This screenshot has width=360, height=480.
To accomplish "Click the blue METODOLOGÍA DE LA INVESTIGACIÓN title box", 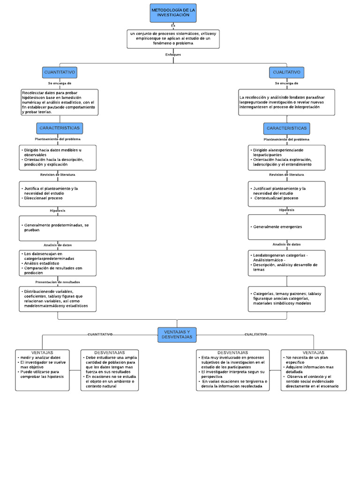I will pos(173,13).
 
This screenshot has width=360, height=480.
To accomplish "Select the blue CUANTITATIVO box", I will pos(60,73).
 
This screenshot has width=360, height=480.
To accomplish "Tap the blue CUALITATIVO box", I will pos(287,73).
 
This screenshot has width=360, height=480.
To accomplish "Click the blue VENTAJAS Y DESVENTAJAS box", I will pos(177,335).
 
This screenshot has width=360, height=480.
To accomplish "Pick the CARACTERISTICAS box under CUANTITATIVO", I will pos(60,128).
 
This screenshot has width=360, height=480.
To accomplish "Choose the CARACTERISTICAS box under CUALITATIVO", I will pos(286,128).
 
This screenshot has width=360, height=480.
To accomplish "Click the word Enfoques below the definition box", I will pos(173,54).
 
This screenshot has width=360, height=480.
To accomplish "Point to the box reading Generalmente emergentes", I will pos(286,227).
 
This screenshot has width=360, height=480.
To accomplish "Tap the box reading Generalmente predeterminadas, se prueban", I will pos(58,227).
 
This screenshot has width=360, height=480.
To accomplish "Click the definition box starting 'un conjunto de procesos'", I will pos(173,38).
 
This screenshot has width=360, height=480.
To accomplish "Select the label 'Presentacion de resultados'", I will pos(58,282).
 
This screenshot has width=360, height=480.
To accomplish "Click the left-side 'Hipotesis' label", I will pos(58,210).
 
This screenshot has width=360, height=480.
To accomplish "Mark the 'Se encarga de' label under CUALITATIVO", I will pos(286,83).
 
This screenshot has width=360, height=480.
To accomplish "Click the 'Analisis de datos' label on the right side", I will pos(286,244).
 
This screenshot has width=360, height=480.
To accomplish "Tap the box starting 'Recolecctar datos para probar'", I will pos(60,102).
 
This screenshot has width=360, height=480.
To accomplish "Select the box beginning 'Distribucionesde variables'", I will pos(58,299).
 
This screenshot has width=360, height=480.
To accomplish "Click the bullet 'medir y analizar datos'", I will pos(40,358).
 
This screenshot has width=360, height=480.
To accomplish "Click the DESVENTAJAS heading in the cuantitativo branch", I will pos(109,352).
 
